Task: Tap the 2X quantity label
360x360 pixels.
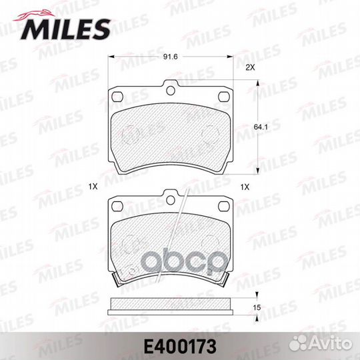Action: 251,68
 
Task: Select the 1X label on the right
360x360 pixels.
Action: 245,187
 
